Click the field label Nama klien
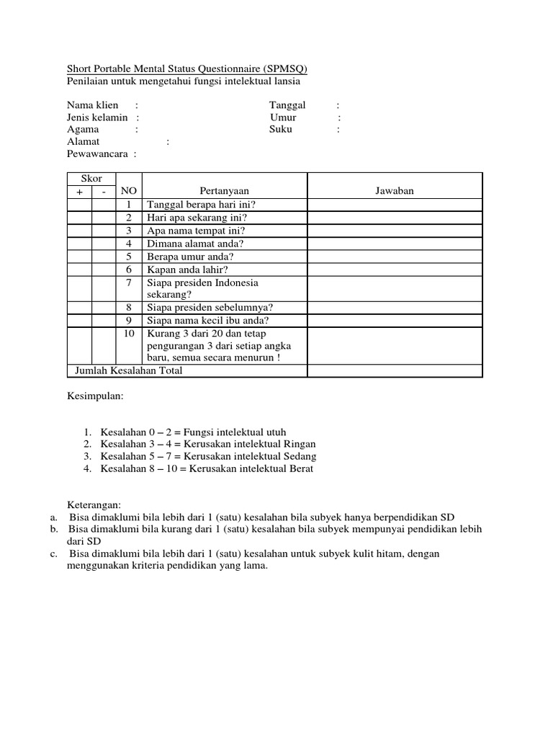pos(93,105)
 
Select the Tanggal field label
pos(287,105)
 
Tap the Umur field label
pos(283,117)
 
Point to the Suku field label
pos(282,130)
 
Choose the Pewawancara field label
pos(97,154)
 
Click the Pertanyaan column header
pos(224,191)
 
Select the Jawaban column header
pos(395,191)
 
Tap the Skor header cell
pos(91,179)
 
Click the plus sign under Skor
pos(79,192)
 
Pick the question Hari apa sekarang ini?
pos(197,217)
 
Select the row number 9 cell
pos(129,321)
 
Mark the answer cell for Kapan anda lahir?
pos(395,269)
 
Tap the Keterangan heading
pos(94,504)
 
